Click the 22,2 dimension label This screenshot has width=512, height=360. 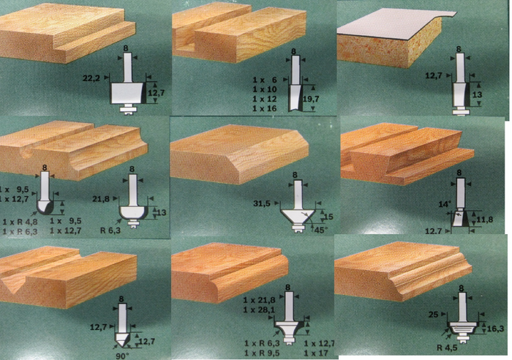pos(91,78)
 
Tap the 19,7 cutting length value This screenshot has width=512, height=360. pos(311,99)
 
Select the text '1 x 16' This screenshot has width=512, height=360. pos(265,108)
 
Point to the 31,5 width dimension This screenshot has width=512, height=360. pos(262,203)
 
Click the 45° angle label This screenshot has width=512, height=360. pos(320,230)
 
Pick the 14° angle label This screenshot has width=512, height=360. pos(445,204)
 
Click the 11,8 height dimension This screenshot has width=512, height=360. pos(484,220)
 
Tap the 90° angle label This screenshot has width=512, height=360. pos(122,356)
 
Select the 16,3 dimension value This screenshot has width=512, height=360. pos(495,329)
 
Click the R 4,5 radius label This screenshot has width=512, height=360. pos(447,348)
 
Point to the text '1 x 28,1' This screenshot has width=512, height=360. pos(259,310)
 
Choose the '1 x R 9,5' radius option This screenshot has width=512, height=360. pos(262,353)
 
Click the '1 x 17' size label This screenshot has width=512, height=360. pos(316,353)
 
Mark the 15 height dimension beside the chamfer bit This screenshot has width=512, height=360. pos(328,217)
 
